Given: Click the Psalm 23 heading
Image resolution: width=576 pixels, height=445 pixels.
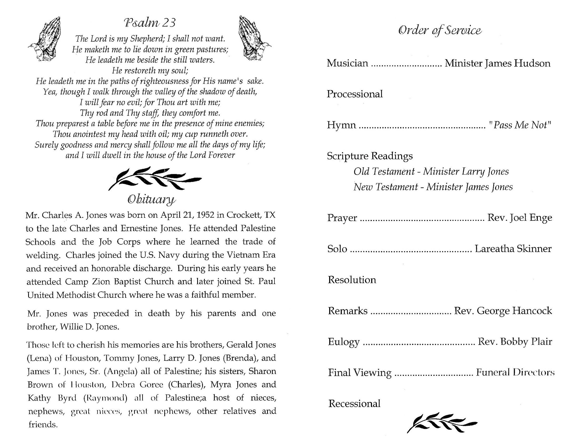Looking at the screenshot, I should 150,23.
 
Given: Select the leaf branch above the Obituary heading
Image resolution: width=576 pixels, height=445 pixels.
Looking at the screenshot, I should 155,178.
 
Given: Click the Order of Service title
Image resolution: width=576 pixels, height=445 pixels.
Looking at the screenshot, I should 440,31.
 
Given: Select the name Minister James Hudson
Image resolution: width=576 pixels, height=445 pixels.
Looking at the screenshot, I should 497,63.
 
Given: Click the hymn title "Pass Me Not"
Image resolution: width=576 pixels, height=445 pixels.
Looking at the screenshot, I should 519,125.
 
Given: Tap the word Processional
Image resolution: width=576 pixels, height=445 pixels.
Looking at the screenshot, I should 355,94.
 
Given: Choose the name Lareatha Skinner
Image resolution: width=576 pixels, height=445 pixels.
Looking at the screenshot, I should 513,249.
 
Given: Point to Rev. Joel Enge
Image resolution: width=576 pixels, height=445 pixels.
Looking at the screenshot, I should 519,218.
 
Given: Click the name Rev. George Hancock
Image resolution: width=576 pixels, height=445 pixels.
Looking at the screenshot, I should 503,311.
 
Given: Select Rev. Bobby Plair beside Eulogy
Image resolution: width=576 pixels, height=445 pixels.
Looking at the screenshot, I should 515,342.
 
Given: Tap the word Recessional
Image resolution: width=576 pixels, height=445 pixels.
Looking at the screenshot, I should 354,404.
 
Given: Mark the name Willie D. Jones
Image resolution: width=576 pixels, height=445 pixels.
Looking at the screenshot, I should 90,327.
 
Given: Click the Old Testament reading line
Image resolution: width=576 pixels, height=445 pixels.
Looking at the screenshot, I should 431,172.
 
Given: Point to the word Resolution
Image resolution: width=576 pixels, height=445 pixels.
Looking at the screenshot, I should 352,280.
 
